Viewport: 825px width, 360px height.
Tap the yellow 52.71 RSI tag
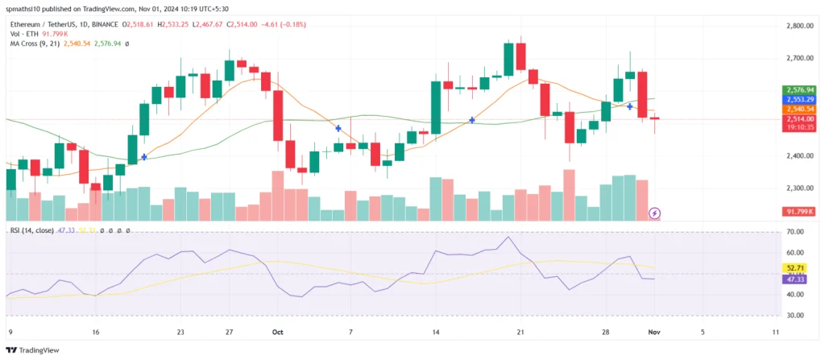(795, 267)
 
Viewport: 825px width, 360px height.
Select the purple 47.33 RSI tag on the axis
(795, 279)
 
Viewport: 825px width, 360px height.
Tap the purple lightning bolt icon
(655, 213)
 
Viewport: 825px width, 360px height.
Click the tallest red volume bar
(570, 194)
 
